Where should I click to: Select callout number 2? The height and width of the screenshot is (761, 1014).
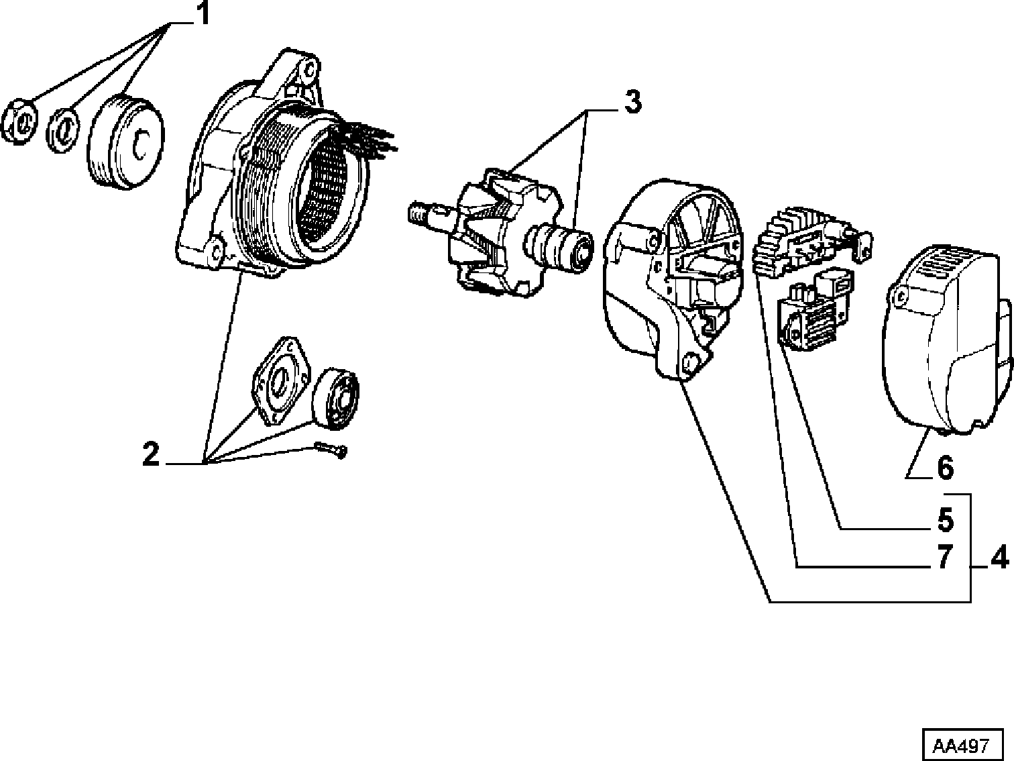pos(151,454)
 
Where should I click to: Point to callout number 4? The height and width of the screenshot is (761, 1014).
pos(999,558)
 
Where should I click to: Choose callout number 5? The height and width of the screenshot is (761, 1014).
pos(945,519)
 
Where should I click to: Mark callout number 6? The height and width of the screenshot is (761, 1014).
pos(945,468)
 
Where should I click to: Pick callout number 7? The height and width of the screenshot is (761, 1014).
pos(945,557)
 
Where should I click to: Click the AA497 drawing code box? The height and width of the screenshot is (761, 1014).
pos(963,745)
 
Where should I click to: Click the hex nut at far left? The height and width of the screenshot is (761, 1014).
pos(20,121)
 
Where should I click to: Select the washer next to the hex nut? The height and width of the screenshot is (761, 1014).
pos(64,131)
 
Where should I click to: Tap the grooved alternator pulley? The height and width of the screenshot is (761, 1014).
pos(125,142)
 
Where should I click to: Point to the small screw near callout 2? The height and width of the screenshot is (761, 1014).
pos(331,450)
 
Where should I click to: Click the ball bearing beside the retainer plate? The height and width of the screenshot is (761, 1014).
pos(335,399)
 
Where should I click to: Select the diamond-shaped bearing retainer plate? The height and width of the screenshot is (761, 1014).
pos(280,380)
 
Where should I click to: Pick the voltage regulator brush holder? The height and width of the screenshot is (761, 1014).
pos(815,308)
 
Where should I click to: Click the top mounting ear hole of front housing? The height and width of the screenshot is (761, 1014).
pos(311,68)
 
